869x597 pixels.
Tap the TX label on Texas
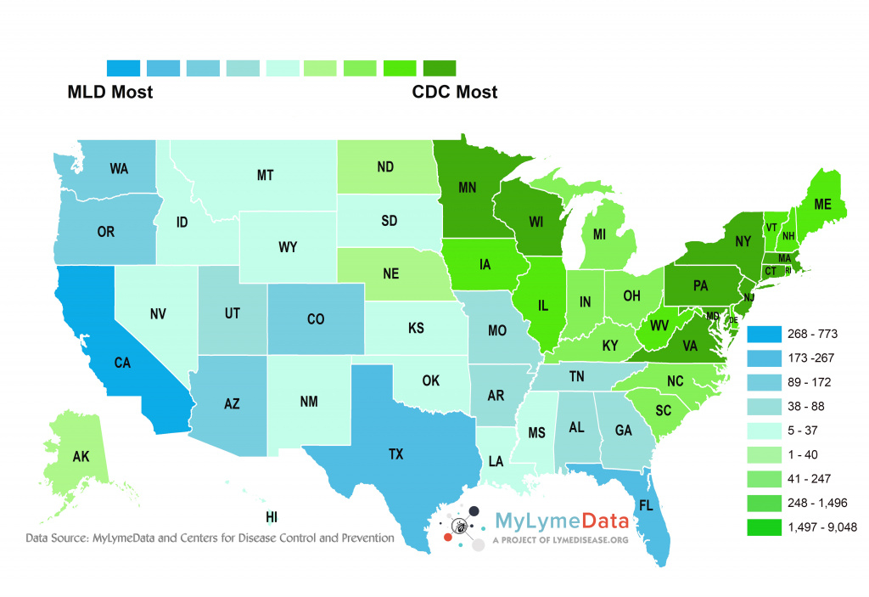click(395, 454)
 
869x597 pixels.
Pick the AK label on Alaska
click(81, 456)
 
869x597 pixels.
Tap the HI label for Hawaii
click(272, 516)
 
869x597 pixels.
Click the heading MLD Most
click(110, 92)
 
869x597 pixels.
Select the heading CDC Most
click(455, 92)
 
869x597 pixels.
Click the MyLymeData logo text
click(561, 520)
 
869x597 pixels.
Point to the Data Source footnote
click(210, 538)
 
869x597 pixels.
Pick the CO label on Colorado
click(316, 320)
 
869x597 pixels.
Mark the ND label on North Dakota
click(384, 167)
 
